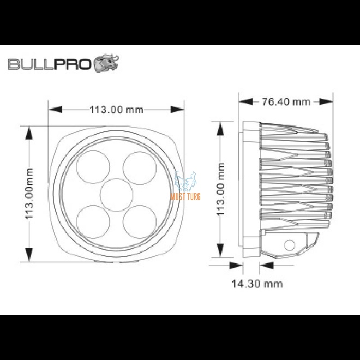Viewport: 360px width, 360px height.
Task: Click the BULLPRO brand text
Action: tap(50, 64)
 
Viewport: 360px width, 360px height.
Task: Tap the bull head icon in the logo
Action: tap(106, 63)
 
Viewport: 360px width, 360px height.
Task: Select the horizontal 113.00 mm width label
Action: tap(116, 110)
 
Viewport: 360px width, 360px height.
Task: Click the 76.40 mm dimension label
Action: tap(286, 101)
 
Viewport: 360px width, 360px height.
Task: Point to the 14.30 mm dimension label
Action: tap(257, 284)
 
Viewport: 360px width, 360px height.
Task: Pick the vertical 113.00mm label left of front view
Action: tap(29, 194)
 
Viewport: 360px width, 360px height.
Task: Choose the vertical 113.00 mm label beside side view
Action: tap(221, 189)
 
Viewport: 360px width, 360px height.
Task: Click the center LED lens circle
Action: tap(117, 195)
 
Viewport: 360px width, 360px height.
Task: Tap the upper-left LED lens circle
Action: tap(93, 167)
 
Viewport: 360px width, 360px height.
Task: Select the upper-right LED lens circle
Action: tap(140, 168)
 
